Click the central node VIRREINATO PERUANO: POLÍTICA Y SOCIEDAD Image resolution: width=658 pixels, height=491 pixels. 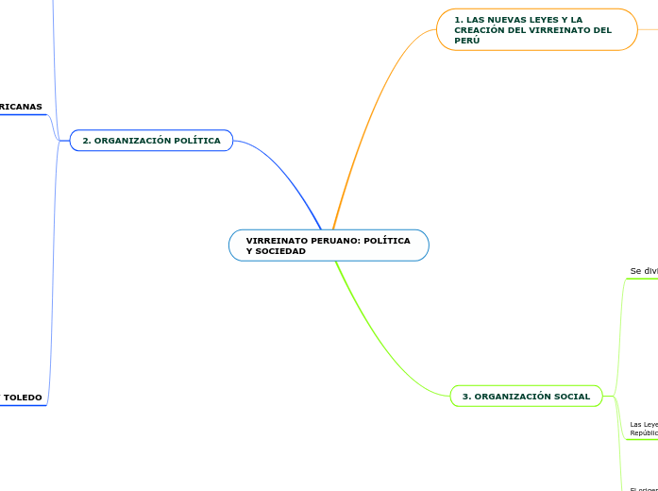coord(328,245)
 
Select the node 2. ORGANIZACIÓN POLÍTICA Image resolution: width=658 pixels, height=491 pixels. coord(151,141)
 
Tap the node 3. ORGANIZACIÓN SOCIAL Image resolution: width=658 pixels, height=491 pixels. coord(526,397)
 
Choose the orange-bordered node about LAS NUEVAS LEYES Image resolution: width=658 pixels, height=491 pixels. coord(536,29)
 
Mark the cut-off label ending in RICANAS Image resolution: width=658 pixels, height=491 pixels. coord(21,107)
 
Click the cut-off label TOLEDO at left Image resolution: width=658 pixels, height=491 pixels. coord(23,398)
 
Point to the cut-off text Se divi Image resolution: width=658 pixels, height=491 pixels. coord(643,271)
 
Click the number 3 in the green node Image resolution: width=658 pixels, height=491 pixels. coord(465,397)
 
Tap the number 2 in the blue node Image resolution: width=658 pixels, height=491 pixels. coord(86,141)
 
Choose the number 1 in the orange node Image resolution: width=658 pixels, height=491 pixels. coord(457,19)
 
